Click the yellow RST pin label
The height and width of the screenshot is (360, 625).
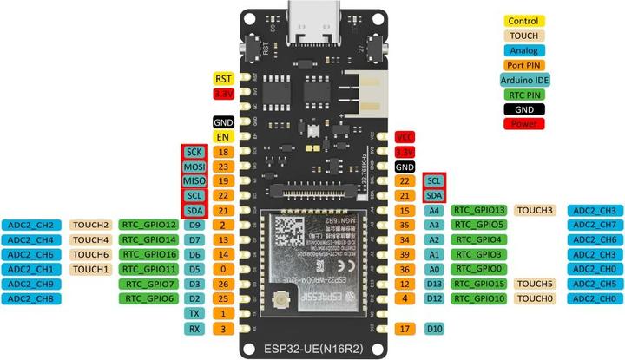click(223, 78)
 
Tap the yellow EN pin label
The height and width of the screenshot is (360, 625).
click(223, 137)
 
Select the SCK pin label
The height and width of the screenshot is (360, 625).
click(194, 152)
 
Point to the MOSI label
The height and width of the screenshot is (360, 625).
click(194, 167)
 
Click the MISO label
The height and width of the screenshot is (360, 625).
click(194, 181)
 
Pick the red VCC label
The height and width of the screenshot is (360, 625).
click(405, 137)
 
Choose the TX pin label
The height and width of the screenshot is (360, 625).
click(194, 313)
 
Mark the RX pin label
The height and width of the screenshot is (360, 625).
click(194, 328)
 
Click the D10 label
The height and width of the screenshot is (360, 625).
click(435, 328)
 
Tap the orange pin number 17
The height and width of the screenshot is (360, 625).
click(405, 328)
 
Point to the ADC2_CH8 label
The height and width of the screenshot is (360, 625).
click(32, 298)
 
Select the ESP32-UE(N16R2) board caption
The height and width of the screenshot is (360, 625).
click(312, 350)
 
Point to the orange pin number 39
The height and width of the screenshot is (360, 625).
click(405, 254)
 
